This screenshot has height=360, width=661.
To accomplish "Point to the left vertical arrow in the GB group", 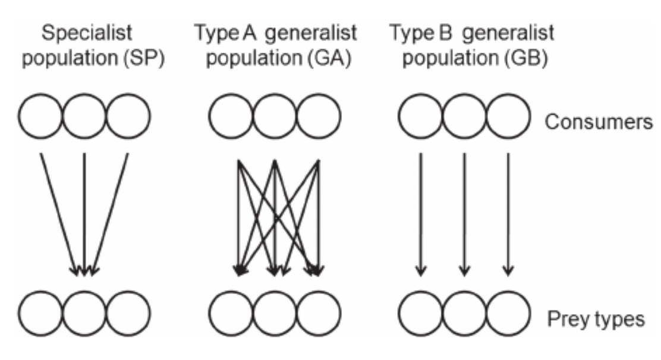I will [421, 214].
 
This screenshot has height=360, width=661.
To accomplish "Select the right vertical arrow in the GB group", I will [508, 214].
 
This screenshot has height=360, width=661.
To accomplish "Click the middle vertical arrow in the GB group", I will [464, 214].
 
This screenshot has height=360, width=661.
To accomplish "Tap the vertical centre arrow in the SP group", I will [84, 214].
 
